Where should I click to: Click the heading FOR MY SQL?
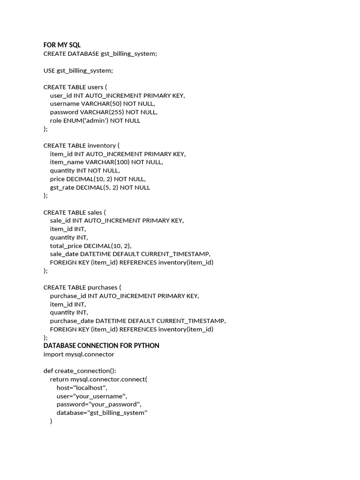click(x=62, y=45)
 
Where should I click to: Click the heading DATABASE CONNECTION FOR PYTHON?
click(x=101, y=345)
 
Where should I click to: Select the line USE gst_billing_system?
click(x=78, y=70)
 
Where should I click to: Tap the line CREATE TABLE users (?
click(x=75, y=87)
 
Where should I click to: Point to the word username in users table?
click(x=65, y=104)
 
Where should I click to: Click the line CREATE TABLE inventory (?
click(x=81, y=145)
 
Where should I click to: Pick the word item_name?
click(x=67, y=162)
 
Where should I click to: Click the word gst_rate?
click(x=62, y=187)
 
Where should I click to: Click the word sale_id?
click(x=61, y=220)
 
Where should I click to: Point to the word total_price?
click(x=66, y=246)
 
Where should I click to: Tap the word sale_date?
click(x=64, y=254)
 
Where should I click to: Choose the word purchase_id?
click(x=68, y=296)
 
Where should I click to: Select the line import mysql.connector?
click(x=79, y=354)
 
